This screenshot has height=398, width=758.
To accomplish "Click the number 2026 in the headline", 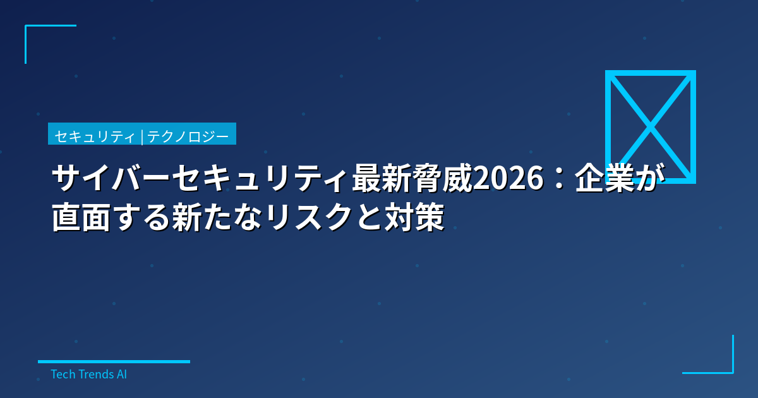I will (508, 180).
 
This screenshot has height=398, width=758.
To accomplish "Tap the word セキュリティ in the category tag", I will (95, 136).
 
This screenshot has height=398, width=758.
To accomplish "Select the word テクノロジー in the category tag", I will (188, 136).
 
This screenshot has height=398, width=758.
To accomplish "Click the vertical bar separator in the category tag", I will (142, 136).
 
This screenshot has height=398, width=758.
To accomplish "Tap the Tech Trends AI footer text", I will (88, 374).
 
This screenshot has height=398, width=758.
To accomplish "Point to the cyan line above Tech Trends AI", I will (114, 361).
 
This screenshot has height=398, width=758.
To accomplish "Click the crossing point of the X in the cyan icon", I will (650, 127).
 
